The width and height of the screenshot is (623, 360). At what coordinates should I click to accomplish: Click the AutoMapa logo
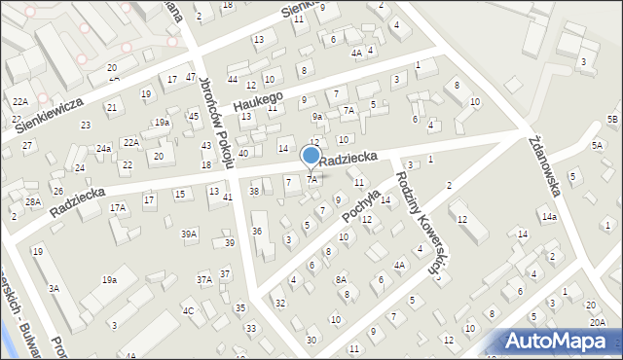[561, 341]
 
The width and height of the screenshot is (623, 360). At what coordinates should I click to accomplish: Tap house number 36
[257, 231]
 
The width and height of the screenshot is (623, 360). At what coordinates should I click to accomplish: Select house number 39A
[189, 234]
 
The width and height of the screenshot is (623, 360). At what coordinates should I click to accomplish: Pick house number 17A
[118, 208]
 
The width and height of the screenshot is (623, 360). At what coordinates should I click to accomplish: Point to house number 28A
[33, 201]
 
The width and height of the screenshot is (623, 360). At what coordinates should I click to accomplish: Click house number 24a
[103, 149]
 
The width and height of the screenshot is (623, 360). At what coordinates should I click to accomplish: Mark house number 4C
[189, 311]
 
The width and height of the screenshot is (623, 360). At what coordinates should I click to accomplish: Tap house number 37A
[204, 279]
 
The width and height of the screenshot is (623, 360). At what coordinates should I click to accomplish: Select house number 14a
[549, 216]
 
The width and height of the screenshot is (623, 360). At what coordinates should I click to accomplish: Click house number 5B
[612, 119]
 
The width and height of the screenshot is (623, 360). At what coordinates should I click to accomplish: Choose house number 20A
[596, 321]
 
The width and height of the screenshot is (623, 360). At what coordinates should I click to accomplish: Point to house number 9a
[316, 117]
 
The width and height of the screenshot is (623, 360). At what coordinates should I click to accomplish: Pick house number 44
[232, 79]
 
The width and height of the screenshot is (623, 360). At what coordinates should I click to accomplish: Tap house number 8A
[341, 279]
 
